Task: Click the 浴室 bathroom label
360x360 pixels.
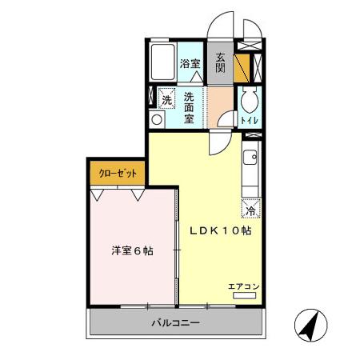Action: coord(190,64)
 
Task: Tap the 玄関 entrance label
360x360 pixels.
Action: coord(220,62)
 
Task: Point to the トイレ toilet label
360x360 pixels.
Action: coord(249,121)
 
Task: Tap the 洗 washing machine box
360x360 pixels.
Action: coord(166,100)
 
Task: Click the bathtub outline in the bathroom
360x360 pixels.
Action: coord(164,60)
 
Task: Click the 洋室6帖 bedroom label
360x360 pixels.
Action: coord(132,250)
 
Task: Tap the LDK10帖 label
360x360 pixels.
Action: coord(221,230)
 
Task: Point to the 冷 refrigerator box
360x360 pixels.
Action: coord(250,211)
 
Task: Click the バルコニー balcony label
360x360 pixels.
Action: coord(175,323)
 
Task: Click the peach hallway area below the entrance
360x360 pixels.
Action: coord(219,105)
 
